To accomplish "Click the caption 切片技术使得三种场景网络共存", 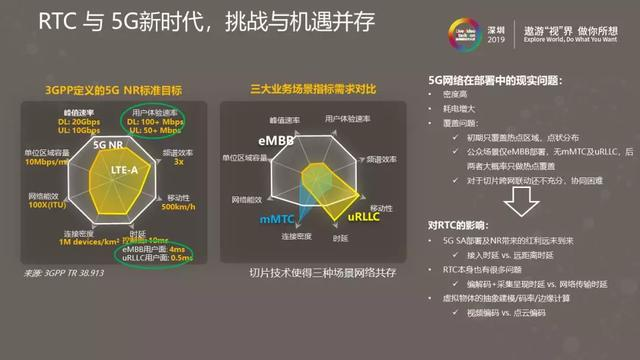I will click(x=310, y=271).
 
